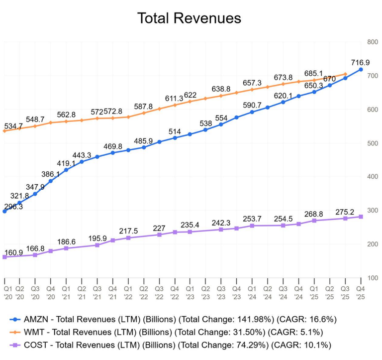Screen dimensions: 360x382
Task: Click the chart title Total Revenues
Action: [189, 18]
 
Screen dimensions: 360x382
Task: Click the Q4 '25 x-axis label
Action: [361, 292]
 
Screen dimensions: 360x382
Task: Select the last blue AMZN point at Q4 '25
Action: [361, 70]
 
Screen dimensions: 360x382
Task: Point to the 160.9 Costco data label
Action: [13, 253]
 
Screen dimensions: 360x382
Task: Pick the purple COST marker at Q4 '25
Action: [361, 217]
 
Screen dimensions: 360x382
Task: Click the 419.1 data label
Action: [66, 163]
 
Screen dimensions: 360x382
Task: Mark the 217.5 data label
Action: [129, 232]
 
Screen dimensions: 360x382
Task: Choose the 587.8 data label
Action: [144, 107]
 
